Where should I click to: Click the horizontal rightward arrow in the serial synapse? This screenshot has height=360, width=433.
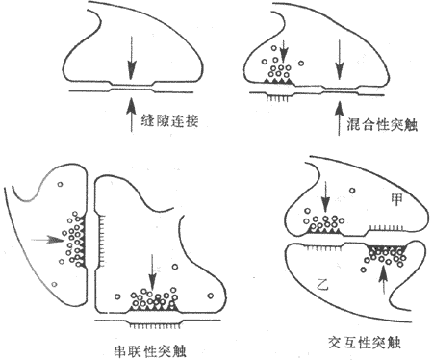pyautogui.click(x=41, y=237)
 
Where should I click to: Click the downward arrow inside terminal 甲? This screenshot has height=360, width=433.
pyautogui.click(x=324, y=198)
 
